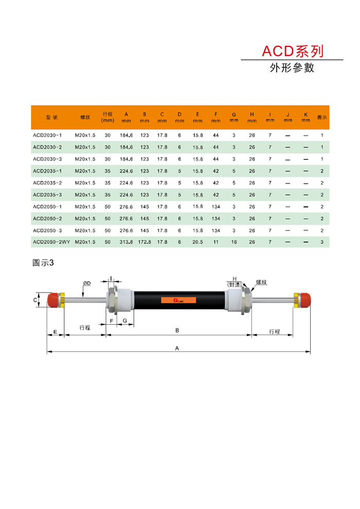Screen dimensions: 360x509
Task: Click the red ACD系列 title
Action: tap(293, 51)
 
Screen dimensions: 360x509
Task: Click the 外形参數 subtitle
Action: tap(292, 67)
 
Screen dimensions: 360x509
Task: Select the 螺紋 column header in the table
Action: tap(85, 117)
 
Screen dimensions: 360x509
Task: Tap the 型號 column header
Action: tap(51, 117)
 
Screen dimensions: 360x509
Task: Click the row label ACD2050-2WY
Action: tap(51, 242)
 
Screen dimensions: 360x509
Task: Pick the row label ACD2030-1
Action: tap(47, 135)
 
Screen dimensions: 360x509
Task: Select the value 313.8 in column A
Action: tap(126, 242)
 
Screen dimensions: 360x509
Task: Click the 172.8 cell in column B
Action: tap(145, 242)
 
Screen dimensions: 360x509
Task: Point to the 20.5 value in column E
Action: tap(197, 242)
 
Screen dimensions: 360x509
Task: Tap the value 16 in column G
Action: tap(233, 242)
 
